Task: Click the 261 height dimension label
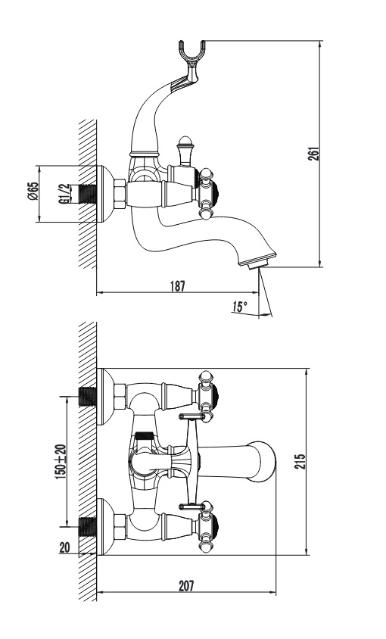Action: click(314, 153)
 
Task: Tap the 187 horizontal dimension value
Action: click(177, 286)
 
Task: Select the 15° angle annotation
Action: click(240, 307)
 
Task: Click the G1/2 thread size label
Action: click(63, 194)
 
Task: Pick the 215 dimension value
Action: click(300, 461)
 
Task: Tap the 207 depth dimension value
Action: click(186, 587)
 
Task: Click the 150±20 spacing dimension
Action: click(61, 461)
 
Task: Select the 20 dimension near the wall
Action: click(65, 547)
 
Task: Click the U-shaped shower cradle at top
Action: click(191, 56)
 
